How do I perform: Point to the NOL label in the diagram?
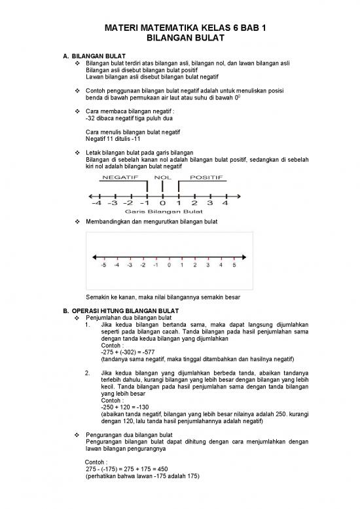(162, 177)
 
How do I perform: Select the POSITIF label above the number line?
(206, 177)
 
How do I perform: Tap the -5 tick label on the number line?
(103, 267)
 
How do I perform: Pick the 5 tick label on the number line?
(234, 267)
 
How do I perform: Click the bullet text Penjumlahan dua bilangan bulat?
(128, 316)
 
